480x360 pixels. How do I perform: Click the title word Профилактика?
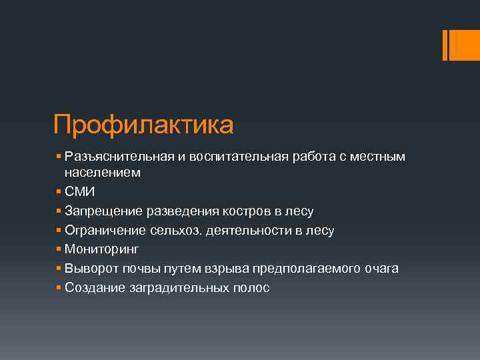click(x=143, y=125)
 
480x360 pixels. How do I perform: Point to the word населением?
click(x=103, y=173)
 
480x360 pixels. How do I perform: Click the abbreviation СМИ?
click(x=80, y=192)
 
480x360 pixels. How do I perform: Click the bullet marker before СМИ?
click(x=59, y=192)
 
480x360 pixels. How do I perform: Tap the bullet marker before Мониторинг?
click(x=59, y=250)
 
